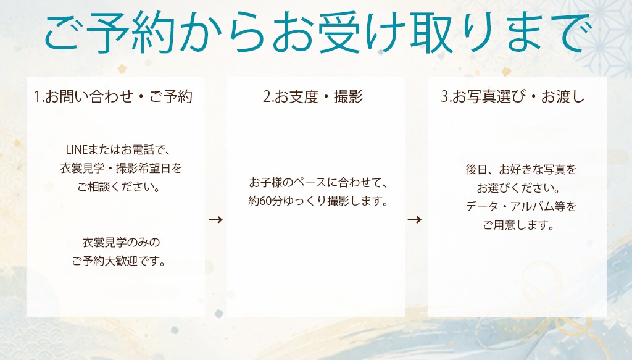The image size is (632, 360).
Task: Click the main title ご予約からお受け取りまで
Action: (x=318, y=33)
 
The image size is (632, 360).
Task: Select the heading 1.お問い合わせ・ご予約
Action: (x=114, y=97)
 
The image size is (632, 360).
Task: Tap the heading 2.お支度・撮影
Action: (x=313, y=97)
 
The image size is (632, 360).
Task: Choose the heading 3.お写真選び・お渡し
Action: (x=512, y=97)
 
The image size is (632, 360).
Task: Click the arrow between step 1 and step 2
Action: (x=215, y=220)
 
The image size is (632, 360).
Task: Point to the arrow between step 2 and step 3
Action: (x=414, y=220)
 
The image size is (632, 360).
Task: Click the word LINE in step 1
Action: (x=77, y=150)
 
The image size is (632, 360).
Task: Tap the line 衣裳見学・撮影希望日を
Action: (x=121, y=169)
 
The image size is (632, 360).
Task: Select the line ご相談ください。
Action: (x=119, y=187)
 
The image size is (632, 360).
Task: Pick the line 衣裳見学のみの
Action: (x=121, y=242)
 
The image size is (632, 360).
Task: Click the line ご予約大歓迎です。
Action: (x=119, y=261)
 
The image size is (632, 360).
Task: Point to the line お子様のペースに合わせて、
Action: (x=318, y=183)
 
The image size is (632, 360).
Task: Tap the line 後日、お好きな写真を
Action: (x=521, y=169)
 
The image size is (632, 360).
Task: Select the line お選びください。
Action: (x=518, y=188)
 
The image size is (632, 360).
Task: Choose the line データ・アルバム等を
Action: (x=521, y=206)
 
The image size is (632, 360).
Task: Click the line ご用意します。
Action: (x=518, y=225)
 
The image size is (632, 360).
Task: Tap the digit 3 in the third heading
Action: (x=444, y=97)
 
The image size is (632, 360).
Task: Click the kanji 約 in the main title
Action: (x=153, y=33)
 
